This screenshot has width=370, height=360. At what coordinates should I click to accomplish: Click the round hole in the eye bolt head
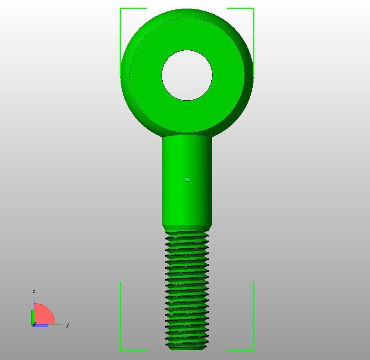click(187, 75)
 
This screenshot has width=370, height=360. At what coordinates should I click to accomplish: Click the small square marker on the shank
click(187, 179)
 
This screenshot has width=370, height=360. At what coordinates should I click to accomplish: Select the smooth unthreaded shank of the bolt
click(187, 196)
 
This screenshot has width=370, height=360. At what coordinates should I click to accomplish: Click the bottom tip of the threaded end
click(187, 348)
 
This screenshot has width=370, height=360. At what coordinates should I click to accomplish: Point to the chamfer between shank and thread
click(187, 227)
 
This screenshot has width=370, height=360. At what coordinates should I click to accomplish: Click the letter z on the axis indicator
click(34, 291)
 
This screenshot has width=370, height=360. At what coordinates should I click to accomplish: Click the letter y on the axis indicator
click(67, 325)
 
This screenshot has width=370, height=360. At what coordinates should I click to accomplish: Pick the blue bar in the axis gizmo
click(41, 326)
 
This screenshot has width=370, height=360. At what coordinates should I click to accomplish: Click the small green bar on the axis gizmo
click(33, 317)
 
